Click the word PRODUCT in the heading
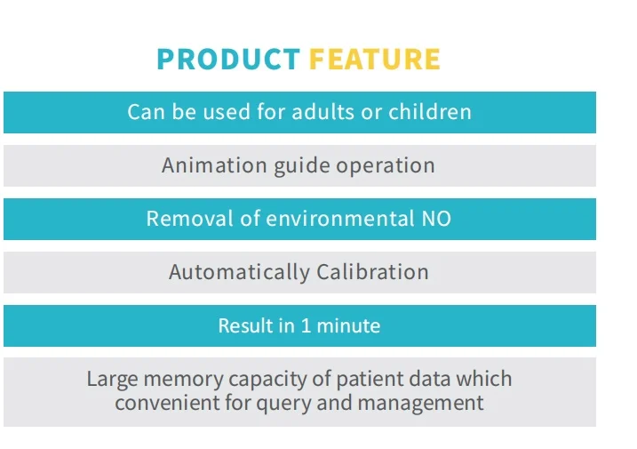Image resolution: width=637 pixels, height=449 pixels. click(x=228, y=60)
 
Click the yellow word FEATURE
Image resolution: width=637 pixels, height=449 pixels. click(x=375, y=60)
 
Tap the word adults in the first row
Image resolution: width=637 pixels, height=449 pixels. click(x=323, y=111)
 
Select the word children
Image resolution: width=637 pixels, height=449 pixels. click(x=430, y=111)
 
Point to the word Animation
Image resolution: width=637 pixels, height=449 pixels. click(x=214, y=165)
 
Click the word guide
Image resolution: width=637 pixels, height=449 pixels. click(x=302, y=166)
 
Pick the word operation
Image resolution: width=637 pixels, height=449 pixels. click(x=386, y=166)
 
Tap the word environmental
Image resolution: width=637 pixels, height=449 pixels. click(x=340, y=219)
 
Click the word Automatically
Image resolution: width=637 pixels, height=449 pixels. click(x=239, y=272)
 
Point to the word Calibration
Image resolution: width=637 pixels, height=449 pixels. click(x=372, y=272)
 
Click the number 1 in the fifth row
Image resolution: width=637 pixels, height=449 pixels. click(x=306, y=325)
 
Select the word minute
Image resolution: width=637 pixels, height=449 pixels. click(x=348, y=325)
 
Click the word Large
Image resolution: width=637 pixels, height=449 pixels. click(x=112, y=379)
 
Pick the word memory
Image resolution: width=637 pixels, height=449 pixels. click(x=183, y=380)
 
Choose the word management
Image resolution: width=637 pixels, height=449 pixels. click(x=421, y=404)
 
